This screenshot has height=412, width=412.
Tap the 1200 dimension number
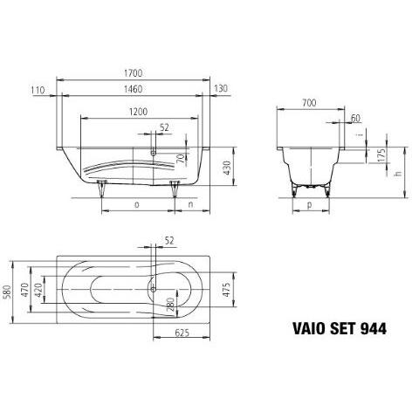(x=133, y=113)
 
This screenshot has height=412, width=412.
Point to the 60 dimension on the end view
(x=354, y=117)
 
